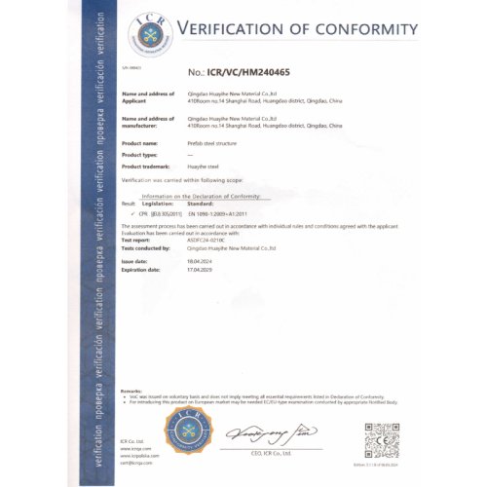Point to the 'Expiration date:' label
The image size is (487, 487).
pyautogui.click(x=141, y=270)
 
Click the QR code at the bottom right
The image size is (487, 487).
pyautogui.click(x=382, y=437)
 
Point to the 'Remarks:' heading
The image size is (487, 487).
pyautogui.click(x=131, y=391)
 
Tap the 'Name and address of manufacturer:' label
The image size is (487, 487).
pyautogui.click(x=146, y=124)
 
